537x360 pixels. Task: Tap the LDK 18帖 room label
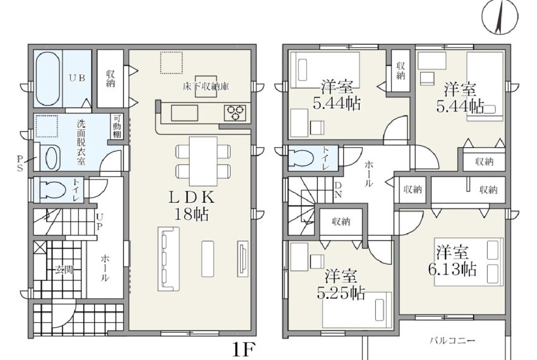click(192, 205)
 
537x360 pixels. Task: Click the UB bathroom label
click(77, 78)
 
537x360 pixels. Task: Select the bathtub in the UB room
click(48, 79)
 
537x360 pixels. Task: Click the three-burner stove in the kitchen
click(235, 113)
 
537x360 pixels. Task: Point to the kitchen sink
click(184, 113)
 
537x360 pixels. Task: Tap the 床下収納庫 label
click(206, 87)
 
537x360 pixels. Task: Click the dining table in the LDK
click(203, 161)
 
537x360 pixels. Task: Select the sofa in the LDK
click(169, 259)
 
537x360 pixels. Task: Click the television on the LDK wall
click(243, 258)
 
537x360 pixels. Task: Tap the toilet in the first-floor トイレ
click(52, 189)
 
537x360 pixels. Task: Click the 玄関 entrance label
click(64, 270)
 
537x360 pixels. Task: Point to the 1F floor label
click(244, 350)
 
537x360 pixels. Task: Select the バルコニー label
click(452, 341)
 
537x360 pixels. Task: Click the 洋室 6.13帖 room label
click(452, 260)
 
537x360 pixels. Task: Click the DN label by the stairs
click(338, 190)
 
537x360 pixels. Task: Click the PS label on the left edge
click(20, 164)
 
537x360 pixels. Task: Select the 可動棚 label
click(117, 126)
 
